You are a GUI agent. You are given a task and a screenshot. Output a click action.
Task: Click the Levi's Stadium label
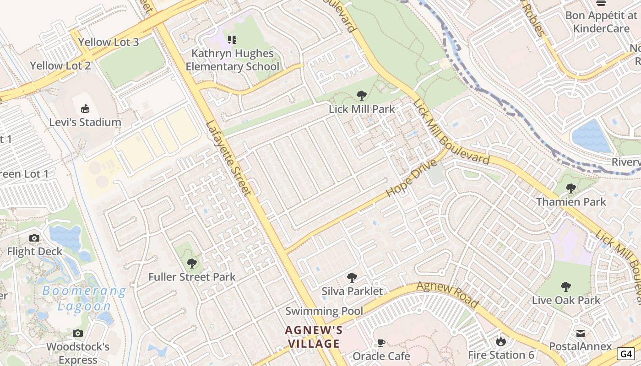[86, 122]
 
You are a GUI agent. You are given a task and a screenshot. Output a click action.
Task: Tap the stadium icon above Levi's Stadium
[85, 109]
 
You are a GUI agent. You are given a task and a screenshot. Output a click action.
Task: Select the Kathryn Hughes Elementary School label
[232, 60]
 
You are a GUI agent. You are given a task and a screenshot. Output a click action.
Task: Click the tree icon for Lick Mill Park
[362, 96]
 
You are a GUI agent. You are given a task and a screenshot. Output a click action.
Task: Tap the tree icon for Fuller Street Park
[192, 264]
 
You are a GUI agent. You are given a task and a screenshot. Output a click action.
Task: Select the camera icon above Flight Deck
[34, 238]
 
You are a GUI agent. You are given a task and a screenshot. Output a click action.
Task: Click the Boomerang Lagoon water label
[84, 298]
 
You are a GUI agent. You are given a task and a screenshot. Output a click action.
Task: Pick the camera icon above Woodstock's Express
[78, 333]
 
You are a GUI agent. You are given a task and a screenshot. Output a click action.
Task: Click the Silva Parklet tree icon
[352, 277]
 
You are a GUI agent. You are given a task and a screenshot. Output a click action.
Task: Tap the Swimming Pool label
[324, 311]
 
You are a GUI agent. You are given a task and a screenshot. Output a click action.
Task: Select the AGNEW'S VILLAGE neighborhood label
[314, 337]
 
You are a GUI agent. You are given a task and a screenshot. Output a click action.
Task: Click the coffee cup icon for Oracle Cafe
[381, 343]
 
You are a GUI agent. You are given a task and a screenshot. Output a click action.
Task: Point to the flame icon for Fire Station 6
[501, 341]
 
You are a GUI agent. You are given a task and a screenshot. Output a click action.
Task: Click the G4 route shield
[626, 354]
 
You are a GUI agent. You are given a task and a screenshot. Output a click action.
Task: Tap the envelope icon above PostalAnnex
[581, 333]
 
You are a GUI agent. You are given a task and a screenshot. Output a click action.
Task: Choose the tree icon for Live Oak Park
[566, 287]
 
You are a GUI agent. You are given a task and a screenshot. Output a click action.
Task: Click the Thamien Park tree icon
[571, 188]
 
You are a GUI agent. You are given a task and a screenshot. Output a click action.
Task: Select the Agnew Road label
[447, 295]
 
